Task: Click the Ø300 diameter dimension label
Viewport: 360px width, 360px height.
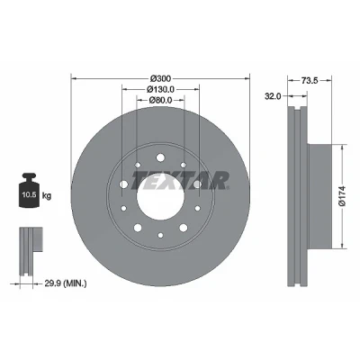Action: point(160,78)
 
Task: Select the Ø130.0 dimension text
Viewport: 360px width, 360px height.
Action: point(160,89)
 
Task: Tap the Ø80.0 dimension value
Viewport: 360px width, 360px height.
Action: point(160,100)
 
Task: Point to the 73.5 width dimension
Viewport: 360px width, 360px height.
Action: point(310,80)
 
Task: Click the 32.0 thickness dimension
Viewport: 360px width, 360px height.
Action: point(273,96)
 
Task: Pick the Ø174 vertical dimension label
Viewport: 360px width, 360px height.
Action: point(342,196)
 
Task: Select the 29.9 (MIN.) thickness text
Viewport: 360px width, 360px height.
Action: point(66,283)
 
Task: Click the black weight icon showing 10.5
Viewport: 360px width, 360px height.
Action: point(29,190)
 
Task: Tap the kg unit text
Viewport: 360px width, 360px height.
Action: point(47,196)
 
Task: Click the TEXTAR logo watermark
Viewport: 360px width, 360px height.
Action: point(181,181)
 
